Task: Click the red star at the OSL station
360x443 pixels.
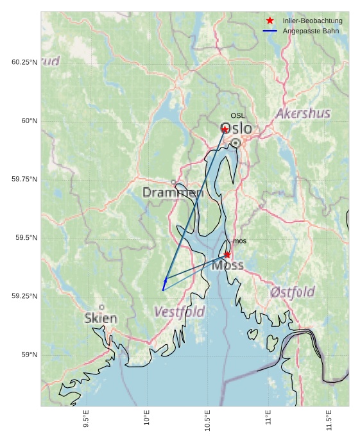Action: click(225, 130)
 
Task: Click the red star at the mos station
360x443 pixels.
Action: click(227, 255)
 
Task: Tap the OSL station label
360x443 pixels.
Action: click(238, 116)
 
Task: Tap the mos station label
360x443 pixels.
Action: click(239, 241)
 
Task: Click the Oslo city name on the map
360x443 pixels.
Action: click(236, 129)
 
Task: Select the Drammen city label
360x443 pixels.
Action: click(173, 192)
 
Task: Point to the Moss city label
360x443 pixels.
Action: click(228, 265)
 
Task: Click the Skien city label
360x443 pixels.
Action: click(101, 319)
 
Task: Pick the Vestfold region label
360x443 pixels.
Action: click(180, 312)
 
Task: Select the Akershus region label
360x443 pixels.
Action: click(303, 114)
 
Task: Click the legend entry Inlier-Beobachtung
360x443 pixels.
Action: click(313, 21)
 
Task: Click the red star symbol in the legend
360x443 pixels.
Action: click(270, 21)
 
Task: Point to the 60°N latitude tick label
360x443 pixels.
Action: click(26, 121)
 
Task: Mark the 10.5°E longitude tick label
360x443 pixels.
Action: click(207, 421)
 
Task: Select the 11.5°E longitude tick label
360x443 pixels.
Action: click(329, 421)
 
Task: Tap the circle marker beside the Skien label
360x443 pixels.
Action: click(101, 307)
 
